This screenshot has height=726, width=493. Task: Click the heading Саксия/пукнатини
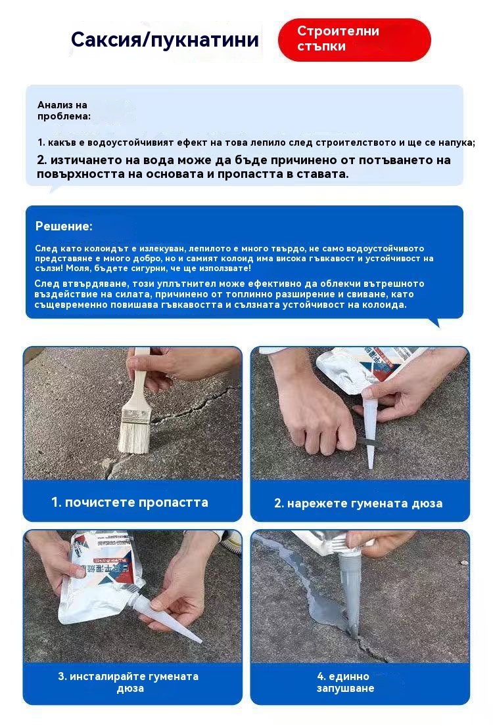[164, 40]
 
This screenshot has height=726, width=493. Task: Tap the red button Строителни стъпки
[354, 39]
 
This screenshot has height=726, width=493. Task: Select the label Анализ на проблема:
[64, 111]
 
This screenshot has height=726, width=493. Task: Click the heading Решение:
[64, 226]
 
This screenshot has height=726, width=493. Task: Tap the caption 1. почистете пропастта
[130, 502]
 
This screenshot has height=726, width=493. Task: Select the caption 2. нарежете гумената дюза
[358, 503]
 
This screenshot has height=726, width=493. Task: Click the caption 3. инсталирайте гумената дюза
[128, 682]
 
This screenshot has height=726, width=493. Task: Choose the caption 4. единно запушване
[346, 682]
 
